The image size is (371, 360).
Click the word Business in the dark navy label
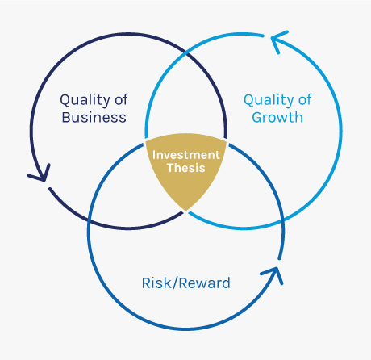pos(94,117)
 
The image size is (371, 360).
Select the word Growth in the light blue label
pos(277,117)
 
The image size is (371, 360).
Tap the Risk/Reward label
pos(186,283)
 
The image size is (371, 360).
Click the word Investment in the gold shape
pos(186,155)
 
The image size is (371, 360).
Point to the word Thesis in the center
pos(186,168)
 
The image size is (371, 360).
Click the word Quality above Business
pos(85,100)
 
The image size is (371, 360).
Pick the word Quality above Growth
pos(269,100)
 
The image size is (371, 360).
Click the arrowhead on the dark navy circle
pos(40,174)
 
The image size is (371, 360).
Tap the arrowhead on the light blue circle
pos(278,40)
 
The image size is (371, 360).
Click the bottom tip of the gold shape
pos(186,211)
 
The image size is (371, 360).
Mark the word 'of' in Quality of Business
pos(121,99)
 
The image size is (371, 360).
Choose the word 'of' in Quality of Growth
pos(305,99)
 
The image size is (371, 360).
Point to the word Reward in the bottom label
pos(205,283)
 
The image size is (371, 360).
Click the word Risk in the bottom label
pos(156,283)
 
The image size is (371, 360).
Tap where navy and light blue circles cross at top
pos(186,53)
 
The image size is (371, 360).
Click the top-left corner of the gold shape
pos(146,140)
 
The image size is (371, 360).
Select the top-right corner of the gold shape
pos(227,140)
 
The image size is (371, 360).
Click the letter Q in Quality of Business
pos(65,100)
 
